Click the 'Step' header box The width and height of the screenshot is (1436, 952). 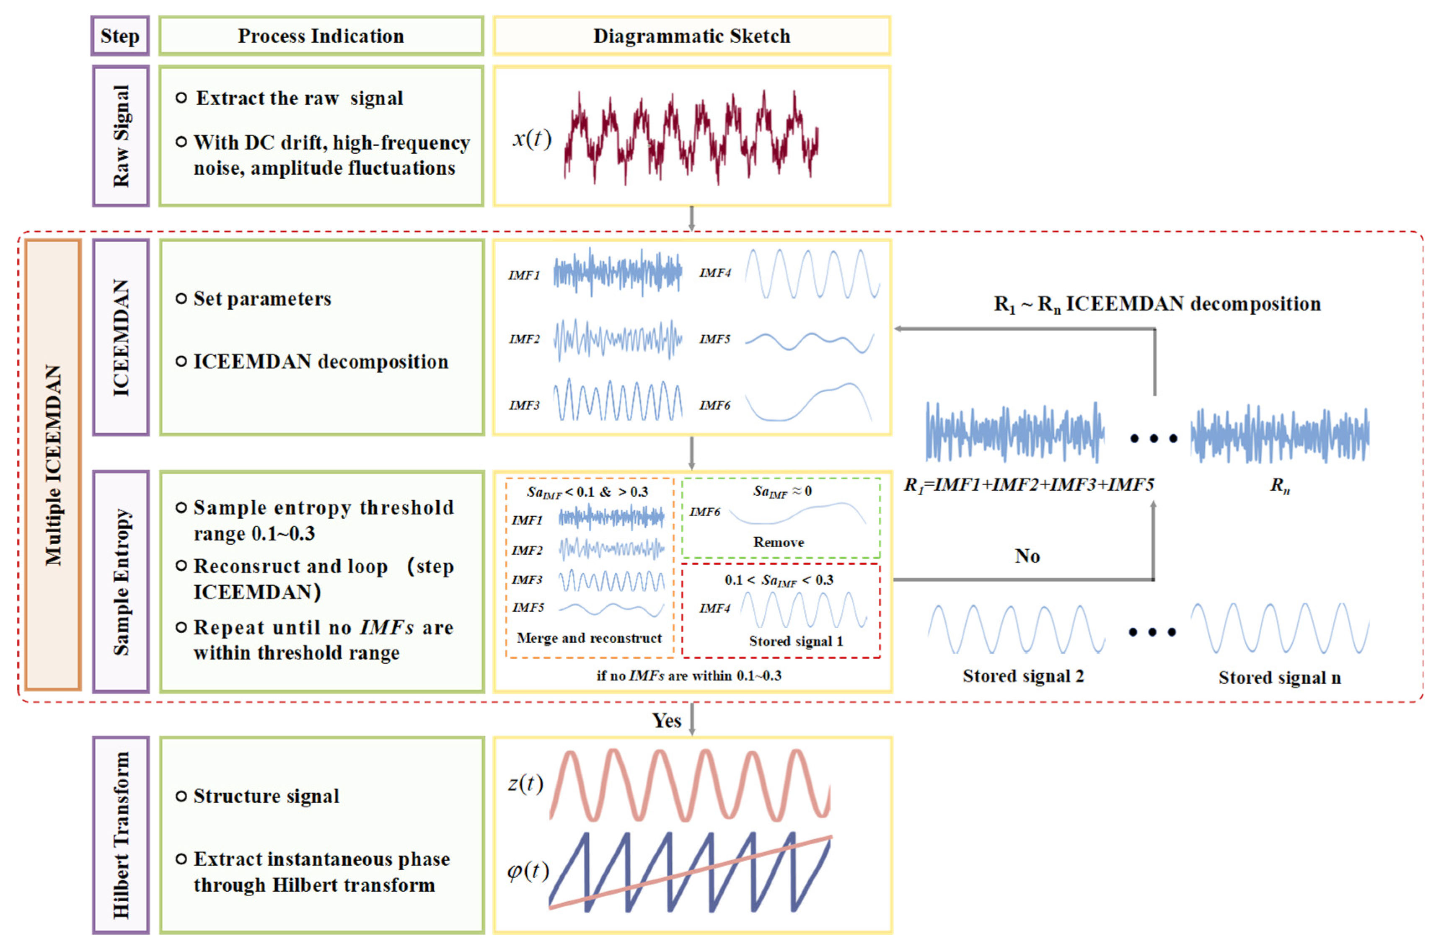point(119,36)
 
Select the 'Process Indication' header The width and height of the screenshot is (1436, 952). point(321,36)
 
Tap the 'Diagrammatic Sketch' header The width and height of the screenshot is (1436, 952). point(691,36)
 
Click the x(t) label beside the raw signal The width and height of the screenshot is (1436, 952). point(531,138)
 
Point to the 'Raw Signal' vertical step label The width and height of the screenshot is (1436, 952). point(121,136)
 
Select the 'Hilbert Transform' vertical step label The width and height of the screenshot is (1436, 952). point(121,835)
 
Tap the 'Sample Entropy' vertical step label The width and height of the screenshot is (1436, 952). point(121,581)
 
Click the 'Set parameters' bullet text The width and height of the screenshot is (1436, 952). point(262,299)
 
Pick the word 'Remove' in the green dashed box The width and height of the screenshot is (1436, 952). point(779,542)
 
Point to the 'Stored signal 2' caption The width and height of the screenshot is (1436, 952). point(1023,676)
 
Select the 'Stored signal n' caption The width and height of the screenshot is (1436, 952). point(1279,678)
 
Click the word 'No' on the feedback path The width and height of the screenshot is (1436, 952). point(1027,556)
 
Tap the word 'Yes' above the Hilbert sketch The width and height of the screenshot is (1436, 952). point(666,721)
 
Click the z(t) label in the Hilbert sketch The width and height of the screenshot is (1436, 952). point(525,783)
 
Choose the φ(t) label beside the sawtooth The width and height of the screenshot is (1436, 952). point(528,871)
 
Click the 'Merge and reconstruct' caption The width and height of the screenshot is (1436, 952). point(589,638)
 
